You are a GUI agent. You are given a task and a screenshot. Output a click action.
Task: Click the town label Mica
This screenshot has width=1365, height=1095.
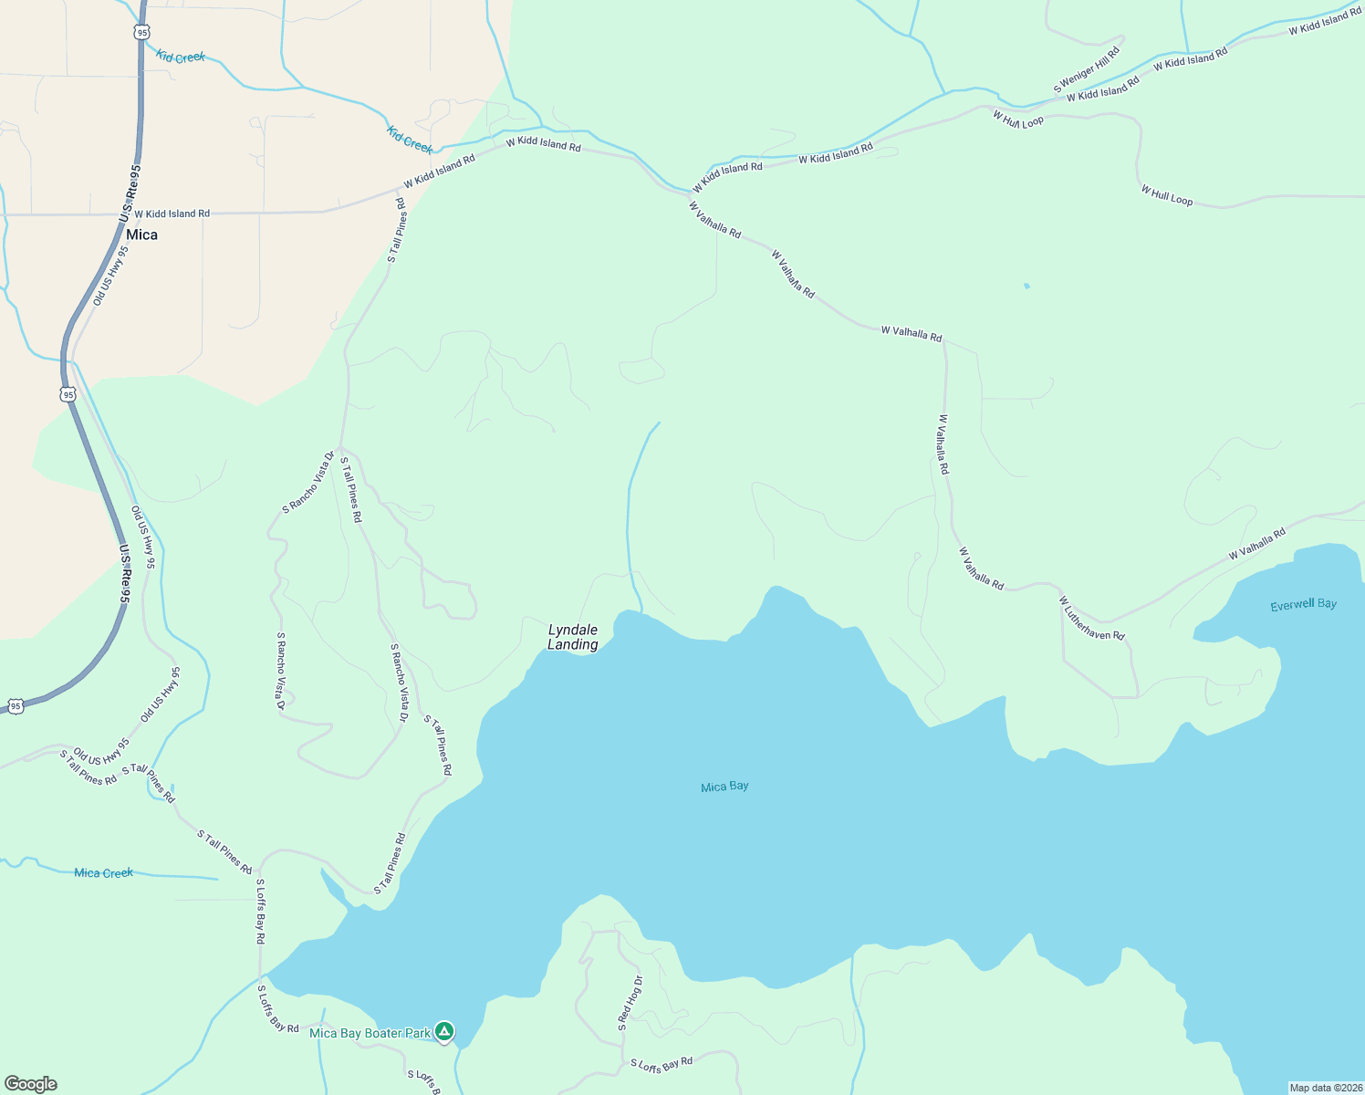[x=141, y=235]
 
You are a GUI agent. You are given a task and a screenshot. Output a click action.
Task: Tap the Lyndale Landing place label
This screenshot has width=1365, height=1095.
[x=573, y=637]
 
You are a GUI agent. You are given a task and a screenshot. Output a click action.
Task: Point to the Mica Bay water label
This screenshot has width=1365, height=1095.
[x=724, y=787]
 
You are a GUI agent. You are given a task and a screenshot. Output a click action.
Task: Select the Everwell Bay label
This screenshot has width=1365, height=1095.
[x=1303, y=604]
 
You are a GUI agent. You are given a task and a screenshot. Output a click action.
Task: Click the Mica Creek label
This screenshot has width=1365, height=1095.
[x=104, y=873]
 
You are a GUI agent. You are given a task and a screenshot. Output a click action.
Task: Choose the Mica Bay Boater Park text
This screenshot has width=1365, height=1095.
[x=370, y=1033]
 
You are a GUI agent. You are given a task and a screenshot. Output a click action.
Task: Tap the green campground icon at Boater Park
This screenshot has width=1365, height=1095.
[x=444, y=1032]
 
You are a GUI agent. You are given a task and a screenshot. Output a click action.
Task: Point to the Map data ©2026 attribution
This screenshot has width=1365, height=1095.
[x=1325, y=1088]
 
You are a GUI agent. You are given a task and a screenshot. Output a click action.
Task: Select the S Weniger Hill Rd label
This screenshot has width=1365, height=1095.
[x=1086, y=70]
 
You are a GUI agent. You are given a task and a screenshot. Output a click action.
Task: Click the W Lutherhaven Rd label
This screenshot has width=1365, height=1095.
[x=1091, y=618]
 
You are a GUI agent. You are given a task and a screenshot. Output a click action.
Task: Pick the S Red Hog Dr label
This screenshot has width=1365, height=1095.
[x=630, y=1003]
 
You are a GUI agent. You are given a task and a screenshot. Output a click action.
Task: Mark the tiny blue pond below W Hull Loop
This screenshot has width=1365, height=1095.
[x=1026, y=286]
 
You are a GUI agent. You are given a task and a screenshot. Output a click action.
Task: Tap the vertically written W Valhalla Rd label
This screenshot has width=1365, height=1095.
[x=943, y=444]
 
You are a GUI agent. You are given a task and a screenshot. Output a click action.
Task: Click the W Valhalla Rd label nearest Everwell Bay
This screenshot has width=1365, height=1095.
[x=1256, y=544]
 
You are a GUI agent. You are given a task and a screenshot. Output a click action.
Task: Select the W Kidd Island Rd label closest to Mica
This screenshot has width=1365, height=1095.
[x=172, y=214]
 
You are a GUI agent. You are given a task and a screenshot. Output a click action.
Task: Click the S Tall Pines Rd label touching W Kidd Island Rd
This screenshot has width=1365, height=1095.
[x=396, y=231]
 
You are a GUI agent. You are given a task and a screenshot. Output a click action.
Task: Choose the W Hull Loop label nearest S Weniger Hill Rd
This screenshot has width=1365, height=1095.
[x=1017, y=120]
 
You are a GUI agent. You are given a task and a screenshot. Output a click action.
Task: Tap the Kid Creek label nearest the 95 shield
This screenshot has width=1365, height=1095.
[x=181, y=57]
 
